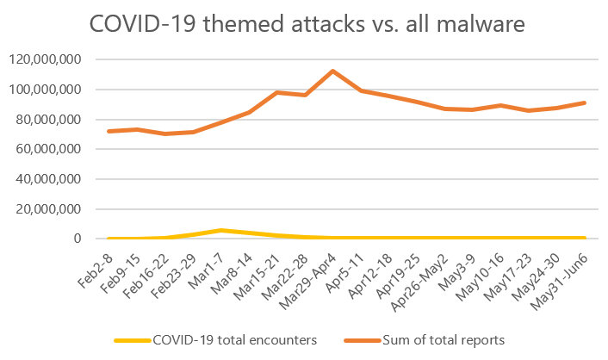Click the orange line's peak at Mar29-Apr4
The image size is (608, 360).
click(x=332, y=71)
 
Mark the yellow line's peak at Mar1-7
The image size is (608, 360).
click(x=221, y=230)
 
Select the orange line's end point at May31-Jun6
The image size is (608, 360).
click(x=585, y=102)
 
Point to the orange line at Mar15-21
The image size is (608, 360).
click(x=277, y=92)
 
